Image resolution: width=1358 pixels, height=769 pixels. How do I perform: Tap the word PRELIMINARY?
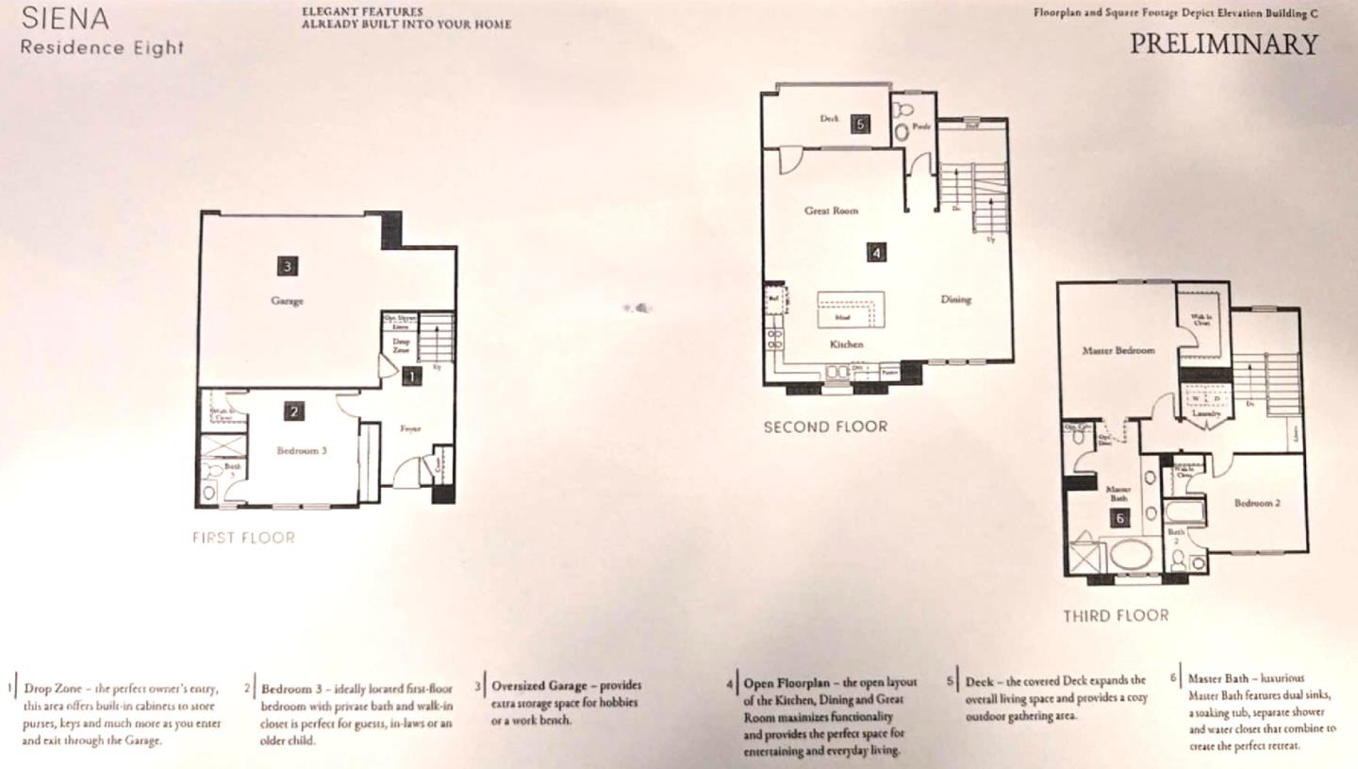1223,44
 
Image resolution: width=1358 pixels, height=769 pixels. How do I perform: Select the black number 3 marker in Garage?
288,266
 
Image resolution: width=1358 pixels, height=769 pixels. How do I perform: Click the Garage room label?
287,301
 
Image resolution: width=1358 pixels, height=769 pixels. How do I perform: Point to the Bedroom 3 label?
302,451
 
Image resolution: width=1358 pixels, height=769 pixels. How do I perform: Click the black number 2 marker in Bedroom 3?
295,411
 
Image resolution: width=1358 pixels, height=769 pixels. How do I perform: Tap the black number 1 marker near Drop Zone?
411,376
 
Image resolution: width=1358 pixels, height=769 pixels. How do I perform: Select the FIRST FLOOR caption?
243,538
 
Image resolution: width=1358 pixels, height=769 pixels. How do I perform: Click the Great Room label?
831,210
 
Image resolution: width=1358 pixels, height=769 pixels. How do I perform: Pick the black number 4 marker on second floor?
877,252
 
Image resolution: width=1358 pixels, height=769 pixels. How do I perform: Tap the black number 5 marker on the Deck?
859,124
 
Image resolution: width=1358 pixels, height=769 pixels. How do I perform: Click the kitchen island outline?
851,309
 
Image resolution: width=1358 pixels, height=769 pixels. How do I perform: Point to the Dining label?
955,299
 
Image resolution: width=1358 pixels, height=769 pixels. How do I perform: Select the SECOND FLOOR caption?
825,426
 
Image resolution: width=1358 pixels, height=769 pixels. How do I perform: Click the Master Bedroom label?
1118,350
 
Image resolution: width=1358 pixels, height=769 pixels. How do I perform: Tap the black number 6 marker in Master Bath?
1120,517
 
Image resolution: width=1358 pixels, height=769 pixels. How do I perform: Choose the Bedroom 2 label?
1257,503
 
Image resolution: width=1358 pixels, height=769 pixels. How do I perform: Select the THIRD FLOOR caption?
1116,616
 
